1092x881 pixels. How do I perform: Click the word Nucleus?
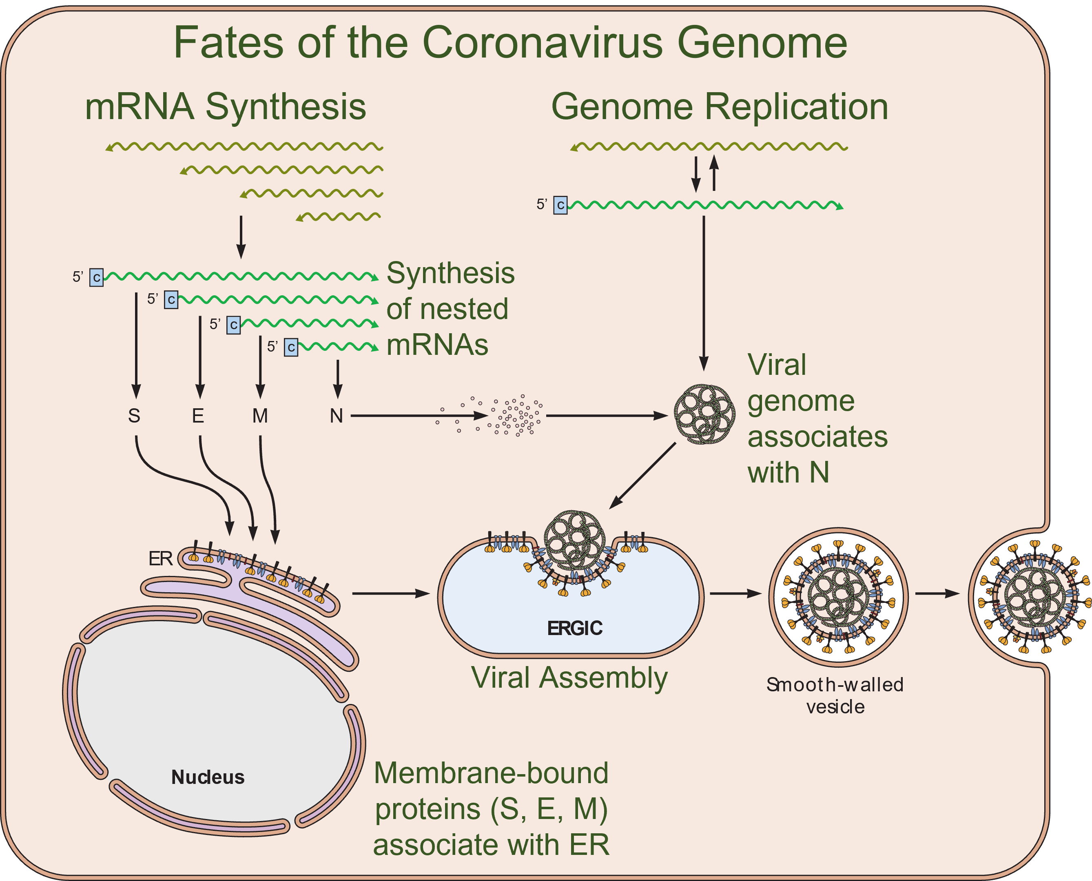pos(208,777)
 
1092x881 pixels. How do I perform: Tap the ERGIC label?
pos(574,628)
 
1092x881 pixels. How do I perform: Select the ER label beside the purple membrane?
pos(160,558)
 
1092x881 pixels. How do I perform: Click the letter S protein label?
pos(134,416)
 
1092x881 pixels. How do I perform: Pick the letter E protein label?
pos(198,416)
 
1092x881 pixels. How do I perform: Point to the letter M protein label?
pos(260,416)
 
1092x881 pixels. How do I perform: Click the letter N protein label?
pos(337,416)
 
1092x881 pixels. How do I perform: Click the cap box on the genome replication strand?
pos(560,205)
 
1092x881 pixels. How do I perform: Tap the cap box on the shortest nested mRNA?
pos(291,348)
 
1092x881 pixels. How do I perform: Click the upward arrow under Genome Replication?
pos(714,173)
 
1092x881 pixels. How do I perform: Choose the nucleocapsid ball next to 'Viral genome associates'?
pos(704,414)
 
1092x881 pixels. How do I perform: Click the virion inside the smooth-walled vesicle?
pos(838,597)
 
